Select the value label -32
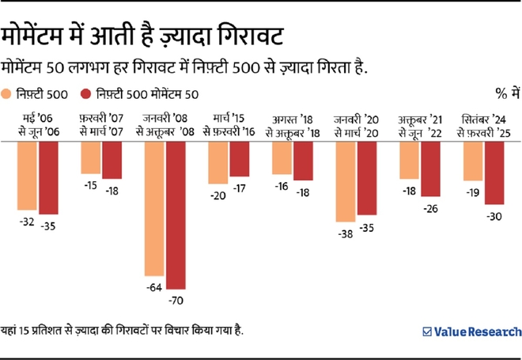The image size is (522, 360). click(x=27, y=222)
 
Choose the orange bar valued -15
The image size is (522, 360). click(x=91, y=157)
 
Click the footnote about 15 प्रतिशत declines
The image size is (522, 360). click(x=123, y=330)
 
